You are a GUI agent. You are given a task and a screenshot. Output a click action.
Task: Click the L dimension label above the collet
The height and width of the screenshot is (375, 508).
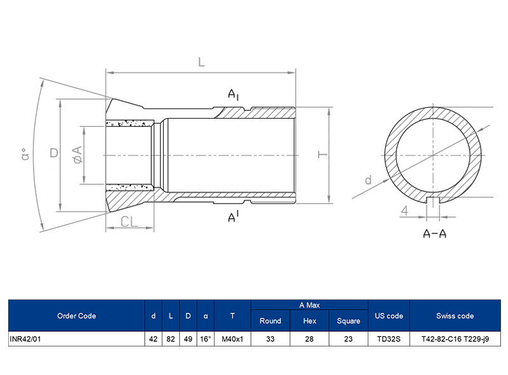tap(201, 62)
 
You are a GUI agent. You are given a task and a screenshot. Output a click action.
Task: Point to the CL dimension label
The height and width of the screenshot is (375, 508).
tap(130, 221)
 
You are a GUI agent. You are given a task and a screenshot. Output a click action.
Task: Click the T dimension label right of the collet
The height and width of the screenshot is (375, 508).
tap(322, 155)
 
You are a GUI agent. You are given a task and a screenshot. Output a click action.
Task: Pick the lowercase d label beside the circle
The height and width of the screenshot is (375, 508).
tap(368, 180)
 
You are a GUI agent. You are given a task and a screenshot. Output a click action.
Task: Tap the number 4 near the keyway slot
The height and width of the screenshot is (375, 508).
tap(404, 210)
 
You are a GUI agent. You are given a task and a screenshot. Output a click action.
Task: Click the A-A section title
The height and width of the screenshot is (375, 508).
tap(434, 234)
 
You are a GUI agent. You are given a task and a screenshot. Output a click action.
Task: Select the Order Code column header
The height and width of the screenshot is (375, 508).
tap(76, 316)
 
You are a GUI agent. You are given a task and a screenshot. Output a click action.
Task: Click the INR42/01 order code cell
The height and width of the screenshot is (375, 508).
tap(25, 339)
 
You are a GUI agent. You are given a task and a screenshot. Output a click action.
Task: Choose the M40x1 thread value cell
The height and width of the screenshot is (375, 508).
tap(232, 339)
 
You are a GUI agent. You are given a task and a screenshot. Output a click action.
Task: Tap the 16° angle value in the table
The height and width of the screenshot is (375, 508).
tap(205, 339)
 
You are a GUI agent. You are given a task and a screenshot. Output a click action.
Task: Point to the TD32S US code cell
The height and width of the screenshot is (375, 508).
tap(389, 339)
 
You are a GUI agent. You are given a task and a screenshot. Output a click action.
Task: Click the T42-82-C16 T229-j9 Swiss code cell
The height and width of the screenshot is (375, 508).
tap(455, 339)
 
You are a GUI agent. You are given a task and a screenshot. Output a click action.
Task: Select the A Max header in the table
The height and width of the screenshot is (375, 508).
tap(309, 305)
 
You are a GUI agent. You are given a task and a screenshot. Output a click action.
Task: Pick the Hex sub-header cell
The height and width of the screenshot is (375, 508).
tap(309, 321)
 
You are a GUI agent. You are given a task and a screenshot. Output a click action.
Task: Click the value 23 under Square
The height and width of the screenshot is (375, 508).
tap(348, 339)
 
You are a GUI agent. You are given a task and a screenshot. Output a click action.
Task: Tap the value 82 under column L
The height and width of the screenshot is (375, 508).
tap(170, 339)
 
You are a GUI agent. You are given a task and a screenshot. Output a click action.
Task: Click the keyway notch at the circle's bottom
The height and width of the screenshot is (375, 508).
tap(434, 201)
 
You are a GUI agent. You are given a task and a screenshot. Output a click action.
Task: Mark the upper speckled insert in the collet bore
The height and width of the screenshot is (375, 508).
tap(130, 124)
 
